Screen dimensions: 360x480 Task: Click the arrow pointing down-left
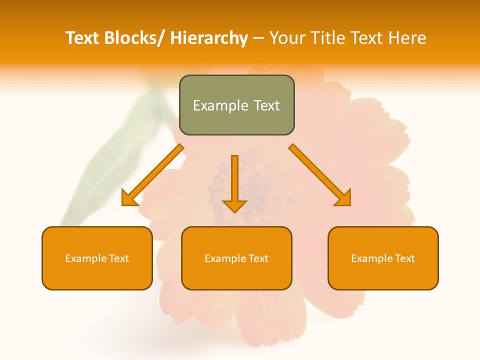(x=152, y=175)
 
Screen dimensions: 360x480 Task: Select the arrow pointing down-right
(x=320, y=175)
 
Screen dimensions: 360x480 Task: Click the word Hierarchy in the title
(x=208, y=38)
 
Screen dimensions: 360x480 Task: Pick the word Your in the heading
(x=287, y=38)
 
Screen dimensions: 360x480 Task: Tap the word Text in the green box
(x=266, y=105)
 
